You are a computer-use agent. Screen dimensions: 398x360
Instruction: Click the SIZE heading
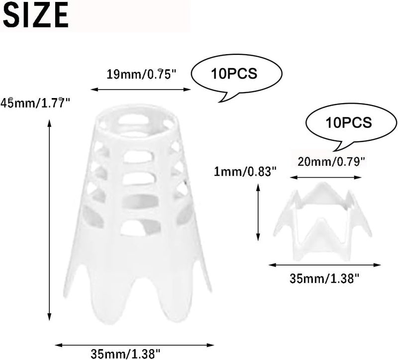(36, 15)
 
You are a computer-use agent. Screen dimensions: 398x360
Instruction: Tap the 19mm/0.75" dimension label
(141, 74)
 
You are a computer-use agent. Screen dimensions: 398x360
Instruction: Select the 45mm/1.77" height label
(35, 103)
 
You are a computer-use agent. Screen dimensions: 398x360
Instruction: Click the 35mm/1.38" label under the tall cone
(125, 354)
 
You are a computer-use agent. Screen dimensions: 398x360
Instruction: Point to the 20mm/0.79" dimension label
(331, 161)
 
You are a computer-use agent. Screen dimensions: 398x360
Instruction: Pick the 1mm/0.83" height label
(245, 172)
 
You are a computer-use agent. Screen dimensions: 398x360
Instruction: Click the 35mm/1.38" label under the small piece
(325, 278)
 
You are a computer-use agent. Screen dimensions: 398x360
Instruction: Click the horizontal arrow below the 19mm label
(141, 89)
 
